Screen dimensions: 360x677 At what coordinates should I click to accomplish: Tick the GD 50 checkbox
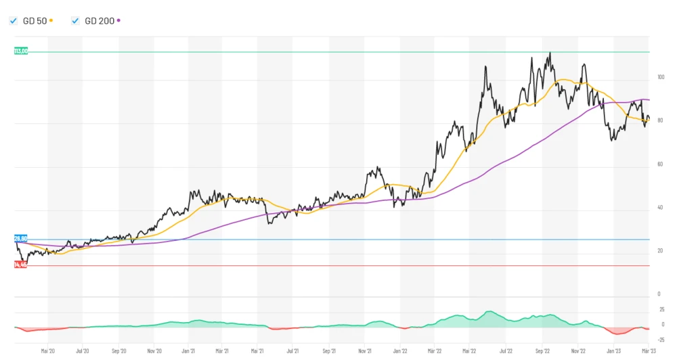[13, 21]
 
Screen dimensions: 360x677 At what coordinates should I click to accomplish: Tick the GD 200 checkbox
[75, 21]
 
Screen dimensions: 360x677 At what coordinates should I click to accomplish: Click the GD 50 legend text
[35, 21]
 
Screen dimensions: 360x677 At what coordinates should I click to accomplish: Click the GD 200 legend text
[99, 21]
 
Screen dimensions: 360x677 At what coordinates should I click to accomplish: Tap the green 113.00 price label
[21, 51]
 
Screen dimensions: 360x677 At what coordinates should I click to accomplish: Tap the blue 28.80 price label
[20, 239]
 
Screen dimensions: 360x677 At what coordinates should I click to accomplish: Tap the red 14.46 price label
[20, 265]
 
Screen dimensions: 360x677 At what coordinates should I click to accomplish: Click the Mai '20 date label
[47, 351]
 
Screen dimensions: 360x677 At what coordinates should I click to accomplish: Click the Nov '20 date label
[154, 351]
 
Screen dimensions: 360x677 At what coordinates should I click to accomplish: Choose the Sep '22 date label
[543, 351]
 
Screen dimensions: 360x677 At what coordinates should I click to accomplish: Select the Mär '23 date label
[649, 351]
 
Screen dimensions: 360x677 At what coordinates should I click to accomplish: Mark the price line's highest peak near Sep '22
[550, 53]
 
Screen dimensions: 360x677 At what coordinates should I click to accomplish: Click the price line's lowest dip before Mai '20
[25, 267]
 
